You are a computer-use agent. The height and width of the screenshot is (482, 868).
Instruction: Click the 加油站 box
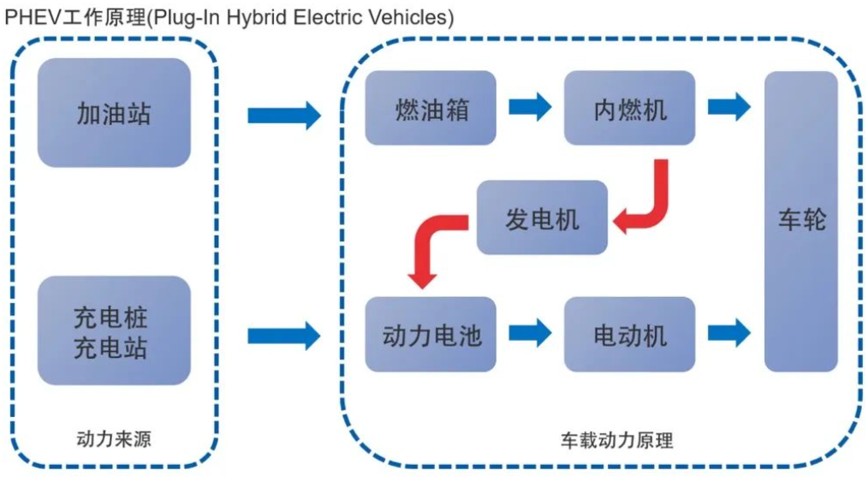(x=114, y=112)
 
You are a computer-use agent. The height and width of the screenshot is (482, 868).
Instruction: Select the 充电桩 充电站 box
(x=114, y=331)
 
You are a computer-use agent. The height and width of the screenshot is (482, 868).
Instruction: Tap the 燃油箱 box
(x=431, y=108)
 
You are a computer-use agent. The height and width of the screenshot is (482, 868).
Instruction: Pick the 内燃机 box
(x=629, y=108)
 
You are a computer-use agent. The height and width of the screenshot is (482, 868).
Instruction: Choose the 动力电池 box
(x=431, y=334)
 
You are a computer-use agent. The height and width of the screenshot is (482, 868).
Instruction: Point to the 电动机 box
(x=629, y=334)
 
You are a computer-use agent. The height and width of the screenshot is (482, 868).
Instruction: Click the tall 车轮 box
(x=800, y=221)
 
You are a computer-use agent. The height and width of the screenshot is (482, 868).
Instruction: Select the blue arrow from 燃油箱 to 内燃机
(x=530, y=107)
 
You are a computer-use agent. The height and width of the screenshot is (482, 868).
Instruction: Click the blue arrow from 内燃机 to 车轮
(x=728, y=107)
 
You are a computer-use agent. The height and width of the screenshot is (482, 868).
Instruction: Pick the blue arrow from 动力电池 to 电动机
(x=530, y=333)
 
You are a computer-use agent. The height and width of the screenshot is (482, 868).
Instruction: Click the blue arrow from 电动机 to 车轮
(x=728, y=333)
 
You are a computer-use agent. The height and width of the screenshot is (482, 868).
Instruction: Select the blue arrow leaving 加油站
(x=283, y=114)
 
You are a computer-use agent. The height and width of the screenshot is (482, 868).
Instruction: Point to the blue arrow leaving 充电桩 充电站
(x=283, y=335)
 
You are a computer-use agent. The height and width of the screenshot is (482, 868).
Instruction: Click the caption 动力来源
(x=114, y=440)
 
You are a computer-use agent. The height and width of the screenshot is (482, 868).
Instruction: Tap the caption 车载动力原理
(x=616, y=441)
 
